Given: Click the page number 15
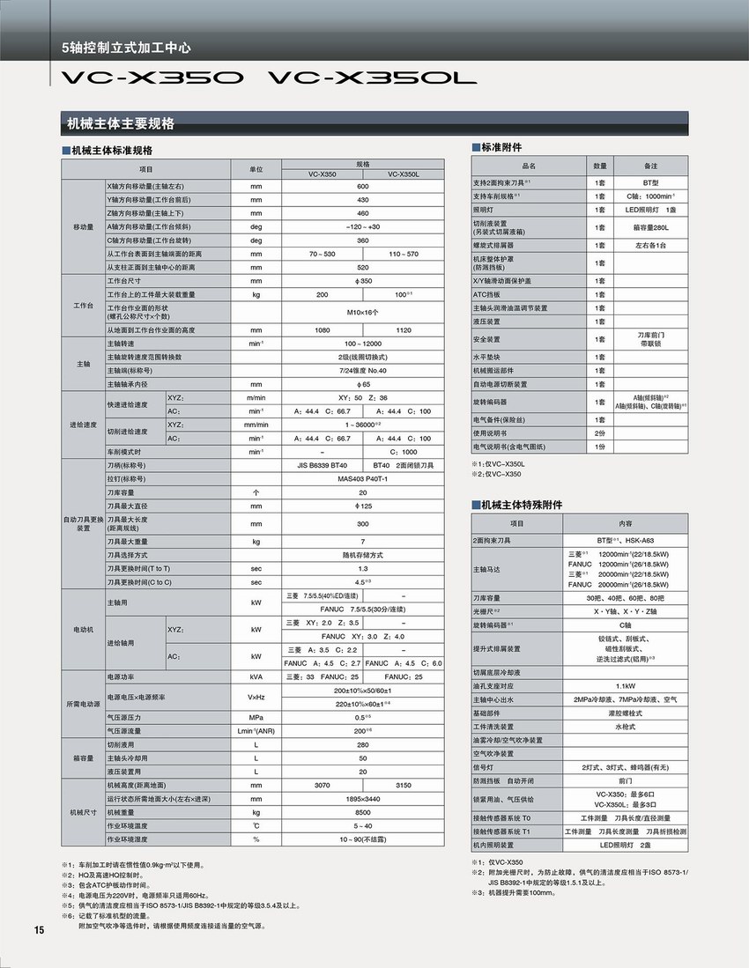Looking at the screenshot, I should tap(39, 931).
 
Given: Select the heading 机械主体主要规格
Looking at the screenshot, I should tap(122, 122).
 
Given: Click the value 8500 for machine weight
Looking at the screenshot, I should tap(362, 812).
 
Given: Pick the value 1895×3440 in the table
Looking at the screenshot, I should tap(362, 798).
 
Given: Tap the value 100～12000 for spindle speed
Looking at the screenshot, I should tap(362, 343).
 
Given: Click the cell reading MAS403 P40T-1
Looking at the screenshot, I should tap(362, 479).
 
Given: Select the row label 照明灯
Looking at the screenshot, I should tap(486, 210).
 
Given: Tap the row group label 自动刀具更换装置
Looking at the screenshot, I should tap(83, 523).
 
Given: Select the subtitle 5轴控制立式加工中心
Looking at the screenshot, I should tap(126, 48).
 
